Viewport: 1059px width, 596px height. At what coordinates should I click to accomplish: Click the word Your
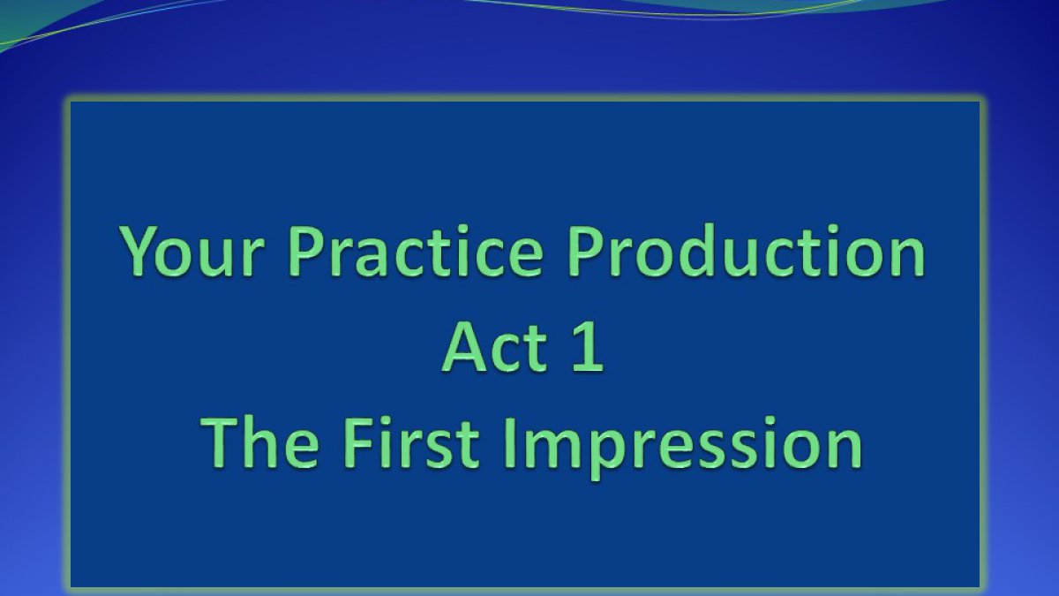pyautogui.click(x=192, y=251)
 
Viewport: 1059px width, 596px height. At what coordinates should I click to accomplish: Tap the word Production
pyautogui.click(x=746, y=250)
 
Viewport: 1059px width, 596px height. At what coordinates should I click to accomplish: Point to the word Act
pyautogui.click(x=495, y=347)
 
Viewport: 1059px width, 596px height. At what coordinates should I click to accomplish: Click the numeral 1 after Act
pyautogui.click(x=588, y=348)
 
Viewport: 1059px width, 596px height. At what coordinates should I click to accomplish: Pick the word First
pyautogui.click(x=411, y=442)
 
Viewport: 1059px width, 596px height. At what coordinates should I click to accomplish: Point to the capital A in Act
pyautogui.click(x=467, y=347)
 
